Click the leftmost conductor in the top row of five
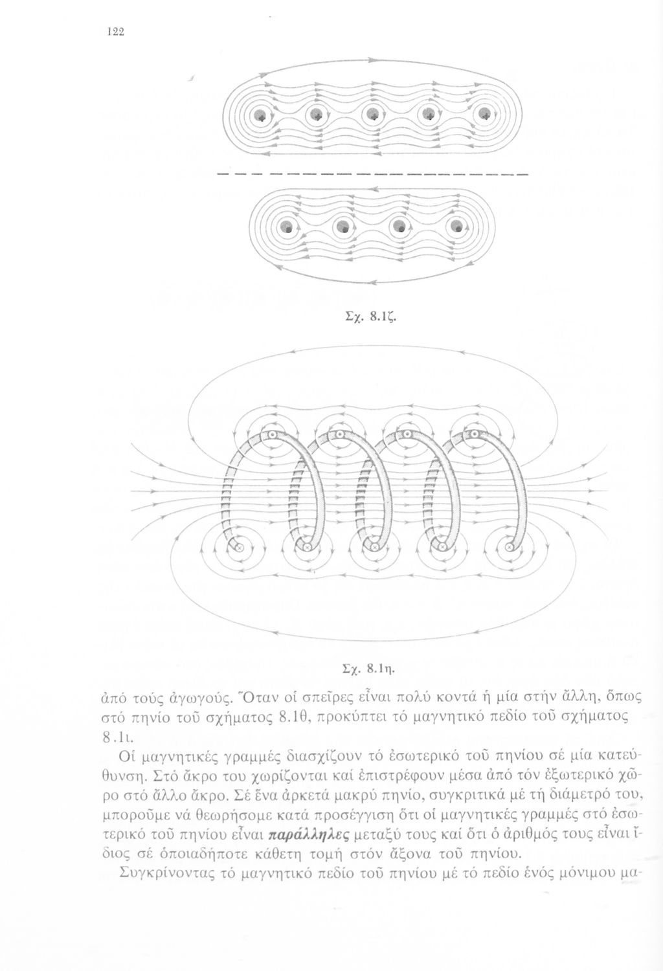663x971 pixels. click(260, 115)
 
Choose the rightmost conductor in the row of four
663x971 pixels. click(457, 227)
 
